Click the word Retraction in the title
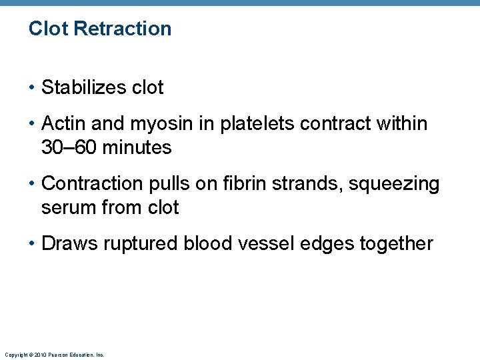tap(123, 29)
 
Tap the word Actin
tap(61, 123)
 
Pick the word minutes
tap(137, 147)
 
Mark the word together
tap(396, 244)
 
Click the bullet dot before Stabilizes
tap(33, 88)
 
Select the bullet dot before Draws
tap(33, 244)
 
